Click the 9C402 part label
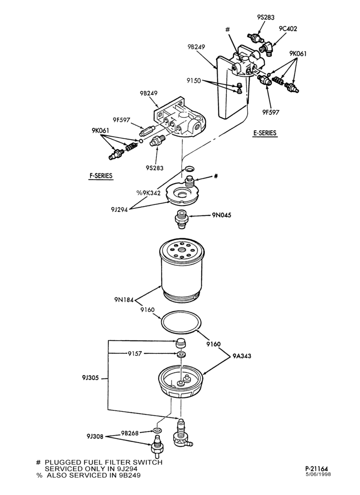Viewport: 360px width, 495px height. pyautogui.click(x=288, y=29)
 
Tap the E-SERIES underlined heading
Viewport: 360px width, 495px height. pyautogui.click(x=265, y=133)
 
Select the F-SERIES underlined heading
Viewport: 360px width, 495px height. pyautogui.click(x=100, y=176)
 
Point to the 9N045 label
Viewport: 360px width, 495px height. pyautogui.click(x=222, y=215)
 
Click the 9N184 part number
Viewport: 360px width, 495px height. pyautogui.click(x=124, y=299)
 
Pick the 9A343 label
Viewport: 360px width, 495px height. pyautogui.click(x=242, y=356)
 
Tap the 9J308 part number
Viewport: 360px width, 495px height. pyautogui.click(x=95, y=437)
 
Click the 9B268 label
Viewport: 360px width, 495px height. pyautogui.click(x=130, y=433)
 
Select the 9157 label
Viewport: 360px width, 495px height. pyautogui.click(x=135, y=353)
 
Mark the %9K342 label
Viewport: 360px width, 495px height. pyautogui.click(x=148, y=193)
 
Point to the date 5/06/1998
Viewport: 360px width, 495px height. pyautogui.click(x=318, y=474)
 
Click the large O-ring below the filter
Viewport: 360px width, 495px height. pyautogui.click(x=180, y=323)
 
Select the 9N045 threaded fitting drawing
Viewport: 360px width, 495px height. pyautogui.click(x=180, y=219)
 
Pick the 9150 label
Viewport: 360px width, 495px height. pyautogui.click(x=193, y=81)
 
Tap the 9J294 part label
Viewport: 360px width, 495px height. pyautogui.click(x=119, y=209)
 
